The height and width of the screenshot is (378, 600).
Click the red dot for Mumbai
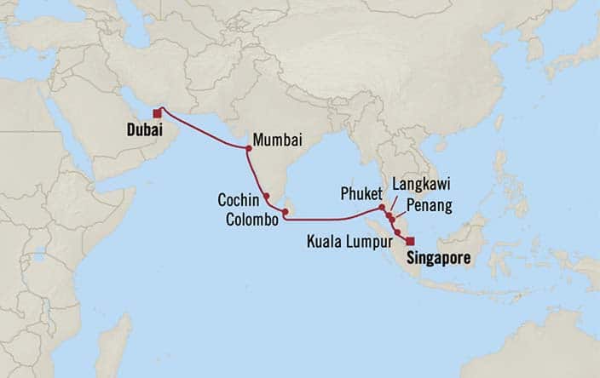pos(248,148)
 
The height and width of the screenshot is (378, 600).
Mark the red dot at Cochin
pos(267,196)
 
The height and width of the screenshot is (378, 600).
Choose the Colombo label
pos(253,219)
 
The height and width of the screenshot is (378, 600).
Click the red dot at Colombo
pos(286,212)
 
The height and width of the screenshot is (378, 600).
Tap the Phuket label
pos(356,193)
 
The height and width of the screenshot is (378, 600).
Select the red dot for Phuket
pos(381,207)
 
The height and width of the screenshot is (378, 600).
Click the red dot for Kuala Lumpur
pos(398,232)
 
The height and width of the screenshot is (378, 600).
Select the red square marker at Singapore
pos(410,241)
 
